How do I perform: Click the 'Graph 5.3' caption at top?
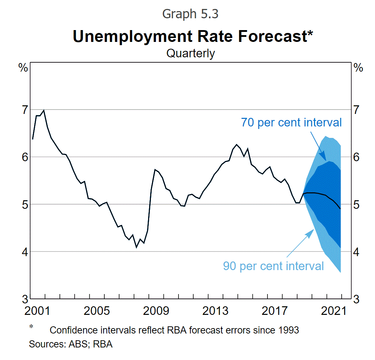point(190,14)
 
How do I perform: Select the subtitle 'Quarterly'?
point(190,53)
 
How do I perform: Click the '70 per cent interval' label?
point(291,123)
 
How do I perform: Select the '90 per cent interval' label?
point(274,266)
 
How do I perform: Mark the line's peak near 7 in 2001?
point(44,110)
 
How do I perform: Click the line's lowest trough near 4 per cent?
point(136,247)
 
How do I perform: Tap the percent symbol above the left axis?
point(23,68)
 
